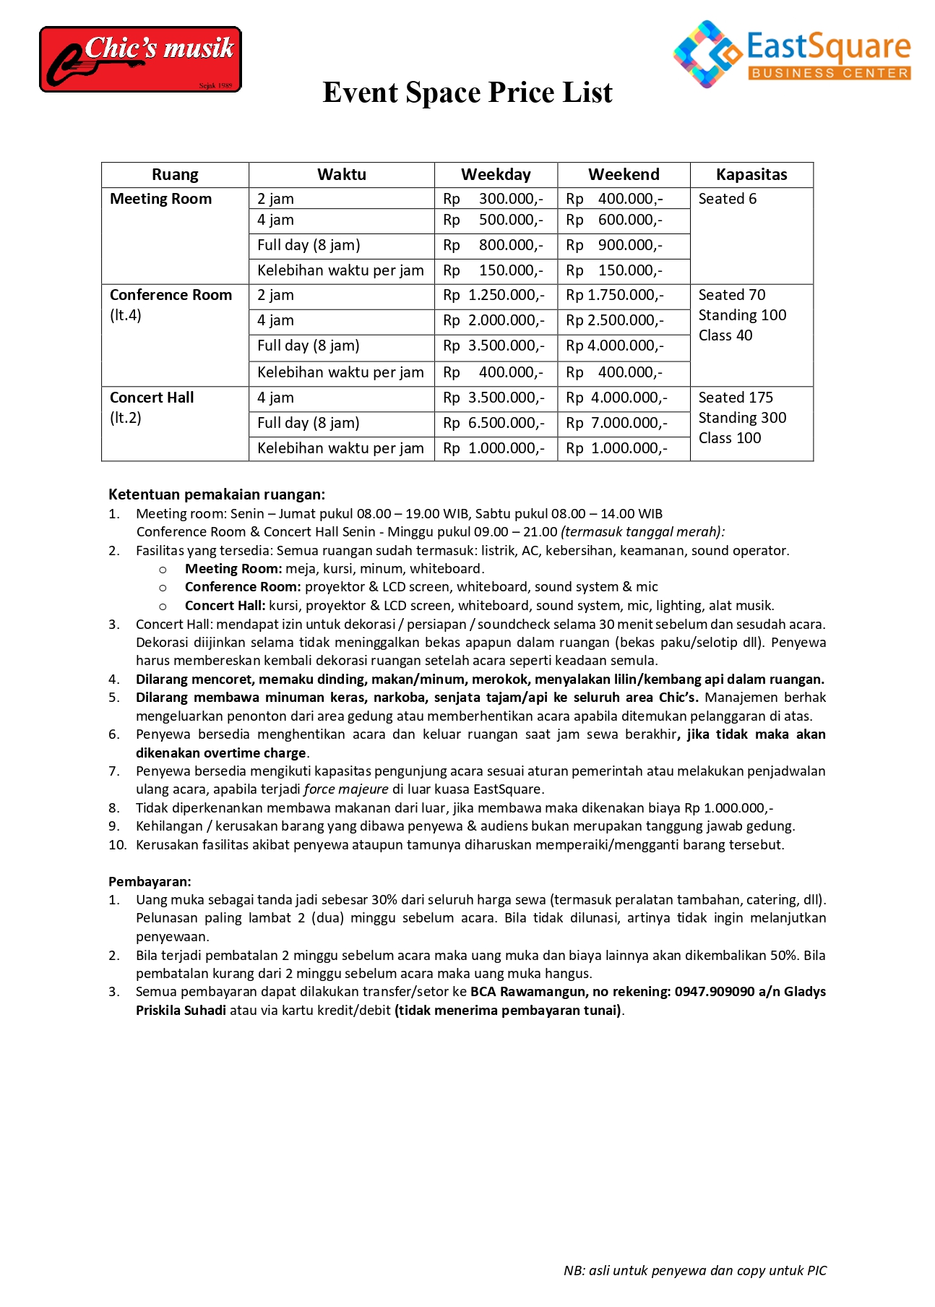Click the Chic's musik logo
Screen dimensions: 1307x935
point(140,59)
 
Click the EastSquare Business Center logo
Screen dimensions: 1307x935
point(791,54)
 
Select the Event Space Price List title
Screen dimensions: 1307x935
point(467,93)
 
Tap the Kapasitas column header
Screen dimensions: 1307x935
point(751,175)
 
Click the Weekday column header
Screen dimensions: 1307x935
point(496,175)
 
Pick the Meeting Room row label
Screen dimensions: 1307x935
point(160,199)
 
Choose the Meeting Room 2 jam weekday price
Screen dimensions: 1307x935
point(496,199)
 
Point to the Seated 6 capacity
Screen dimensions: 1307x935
point(727,199)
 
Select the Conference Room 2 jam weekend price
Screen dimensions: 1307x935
point(615,295)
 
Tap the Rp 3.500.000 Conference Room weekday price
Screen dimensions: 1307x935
point(496,346)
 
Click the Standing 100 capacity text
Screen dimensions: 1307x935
point(742,315)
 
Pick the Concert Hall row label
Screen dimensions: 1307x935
point(152,398)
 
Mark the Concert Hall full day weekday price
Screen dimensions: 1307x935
point(496,423)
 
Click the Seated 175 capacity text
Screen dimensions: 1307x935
point(736,398)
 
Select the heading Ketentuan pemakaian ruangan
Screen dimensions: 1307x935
point(217,494)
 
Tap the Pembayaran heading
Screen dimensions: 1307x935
point(150,881)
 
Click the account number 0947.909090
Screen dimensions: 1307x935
point(715,992)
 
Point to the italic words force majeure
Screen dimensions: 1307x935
point(346,789)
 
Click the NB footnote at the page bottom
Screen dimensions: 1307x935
point(694,1271)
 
